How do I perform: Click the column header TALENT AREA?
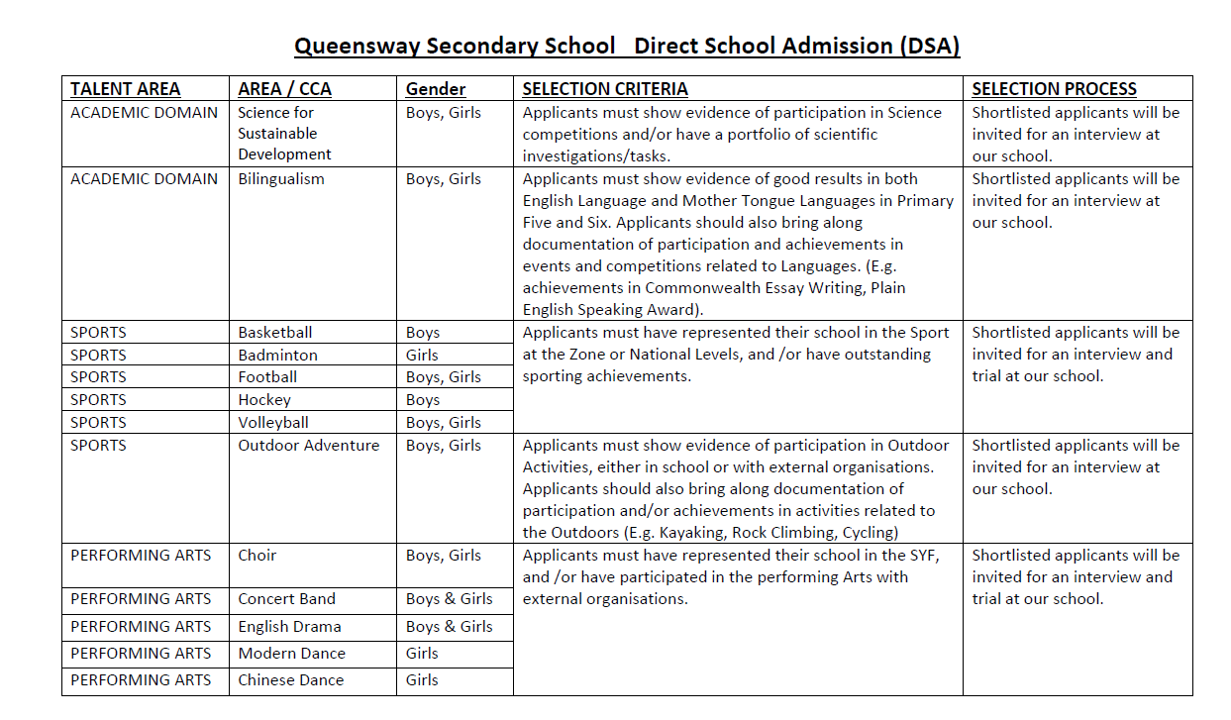125,89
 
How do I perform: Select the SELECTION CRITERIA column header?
605,89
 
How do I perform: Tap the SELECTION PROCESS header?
1054,89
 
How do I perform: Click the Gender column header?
436,89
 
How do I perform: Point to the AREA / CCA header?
284,89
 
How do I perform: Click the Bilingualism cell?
280,179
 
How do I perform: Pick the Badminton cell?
277,355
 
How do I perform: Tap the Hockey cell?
264,400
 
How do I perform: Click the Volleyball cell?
273,423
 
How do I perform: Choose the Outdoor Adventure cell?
308,446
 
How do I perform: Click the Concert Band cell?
286,599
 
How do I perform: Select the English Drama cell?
289,627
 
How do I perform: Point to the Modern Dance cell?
291,654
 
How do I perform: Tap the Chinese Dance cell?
290,680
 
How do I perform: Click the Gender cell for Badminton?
422,355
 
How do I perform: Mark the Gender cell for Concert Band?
449,599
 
